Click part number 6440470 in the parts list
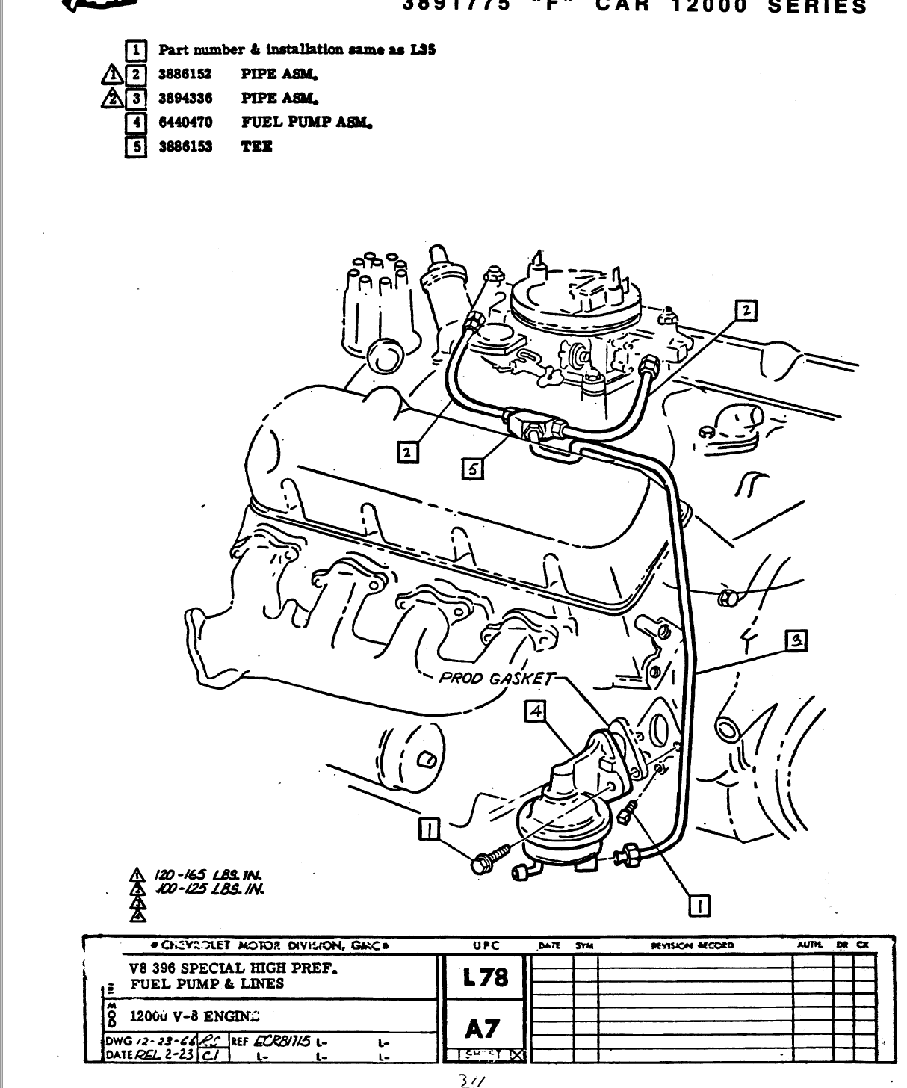tap(185, 122)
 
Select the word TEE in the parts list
tap(256, 146)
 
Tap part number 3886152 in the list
tap(185, 74)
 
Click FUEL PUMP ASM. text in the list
tap(306, 122)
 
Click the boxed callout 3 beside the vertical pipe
tap(796, 640)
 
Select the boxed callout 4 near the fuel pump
tap(535, 711)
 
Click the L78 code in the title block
tap(484, 977)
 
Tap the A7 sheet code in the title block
tap(482, 1029)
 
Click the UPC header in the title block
tap(486, 945)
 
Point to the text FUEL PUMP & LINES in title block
tap(207, 984)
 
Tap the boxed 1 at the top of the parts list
tap(135, 51)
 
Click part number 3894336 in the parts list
tap(185, 98)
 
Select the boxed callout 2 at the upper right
tap(745, 310)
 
